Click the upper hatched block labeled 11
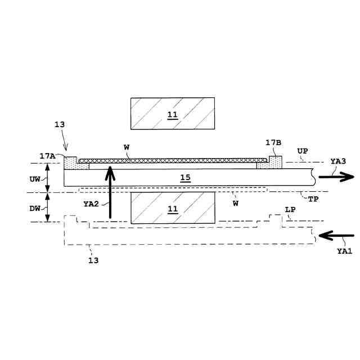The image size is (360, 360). pos(172,114)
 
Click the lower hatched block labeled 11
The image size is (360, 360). pos(172,208)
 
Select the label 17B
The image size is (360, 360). pos(273,143)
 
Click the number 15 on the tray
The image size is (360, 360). pos(185,178)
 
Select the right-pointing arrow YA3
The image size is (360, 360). pos(336,177)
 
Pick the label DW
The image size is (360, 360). pos(34,208)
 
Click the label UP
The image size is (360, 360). pos(302,152)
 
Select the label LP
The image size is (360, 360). pos(290,210)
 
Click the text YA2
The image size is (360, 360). pos(90,204)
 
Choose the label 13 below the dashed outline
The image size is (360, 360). pos(93,260)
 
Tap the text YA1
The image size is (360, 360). pos(344,251)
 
